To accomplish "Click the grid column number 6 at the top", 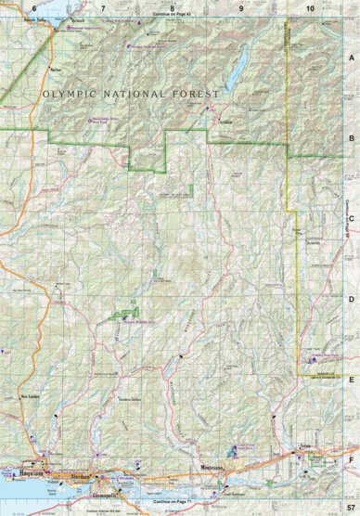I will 34,7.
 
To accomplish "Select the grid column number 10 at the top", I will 308,7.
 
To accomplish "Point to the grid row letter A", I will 352,57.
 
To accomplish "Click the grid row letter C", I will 352,219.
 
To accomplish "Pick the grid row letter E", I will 352,380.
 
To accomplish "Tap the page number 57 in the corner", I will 350,510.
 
